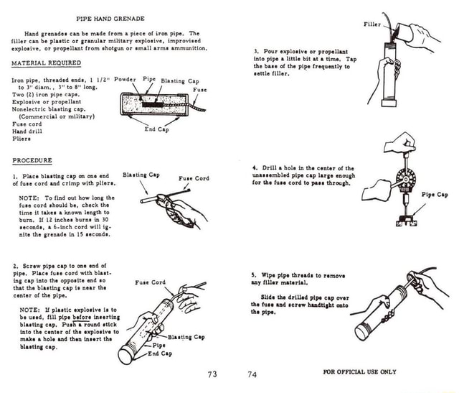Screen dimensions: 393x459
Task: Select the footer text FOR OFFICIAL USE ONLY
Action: tap(359, 371)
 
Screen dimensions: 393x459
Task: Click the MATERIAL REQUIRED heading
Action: tap(44, 63)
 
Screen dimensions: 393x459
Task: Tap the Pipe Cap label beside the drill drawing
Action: tap(435, 194)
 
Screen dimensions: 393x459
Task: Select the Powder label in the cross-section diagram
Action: tap(125, 78)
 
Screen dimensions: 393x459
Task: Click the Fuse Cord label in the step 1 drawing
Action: tap(194, 178)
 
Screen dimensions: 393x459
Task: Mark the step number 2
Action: tap(16, 264)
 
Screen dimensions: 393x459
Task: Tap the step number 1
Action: tap(16, 176)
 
